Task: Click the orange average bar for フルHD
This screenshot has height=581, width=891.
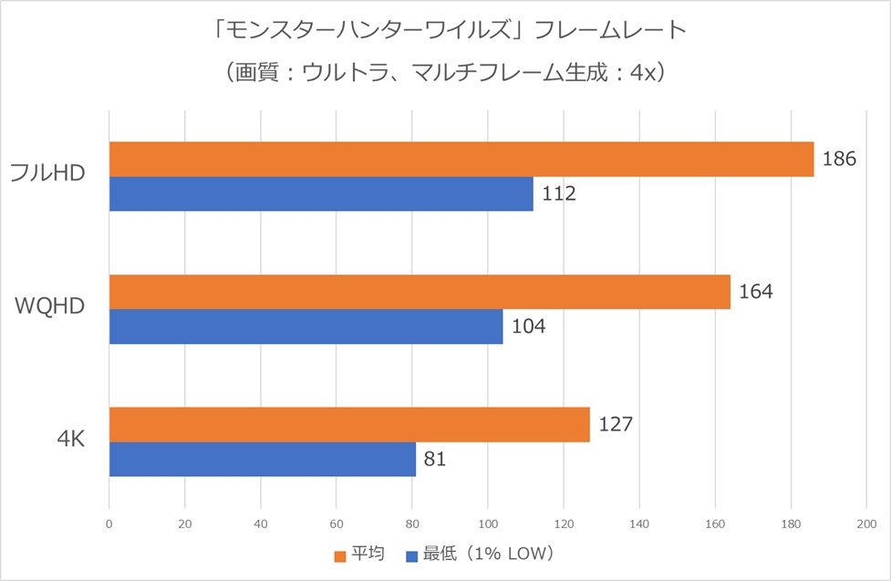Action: click(x=461, y=159)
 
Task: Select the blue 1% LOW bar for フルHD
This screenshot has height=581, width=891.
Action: click(x=321, y=193)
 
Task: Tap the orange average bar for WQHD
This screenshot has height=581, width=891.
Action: click(x=420, y=292)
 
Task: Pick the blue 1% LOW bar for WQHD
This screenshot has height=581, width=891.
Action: click(x=306, y=327)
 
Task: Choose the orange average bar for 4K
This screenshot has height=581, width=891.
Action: click(x=349, y=425)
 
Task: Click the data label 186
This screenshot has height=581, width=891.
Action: click(x=839, y=159)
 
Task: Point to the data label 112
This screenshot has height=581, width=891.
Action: click(x=558, y=193)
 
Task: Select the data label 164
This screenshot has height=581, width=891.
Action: click(x=756, y=292)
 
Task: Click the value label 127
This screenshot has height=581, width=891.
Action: click(x=616, y=425)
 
